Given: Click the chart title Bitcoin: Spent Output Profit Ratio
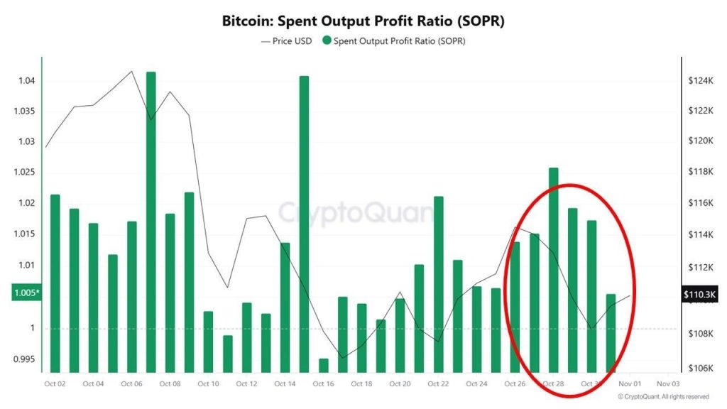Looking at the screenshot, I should click(363, 21).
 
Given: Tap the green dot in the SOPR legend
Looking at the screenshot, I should click(327, 41).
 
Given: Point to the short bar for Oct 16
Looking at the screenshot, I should click(323, 366).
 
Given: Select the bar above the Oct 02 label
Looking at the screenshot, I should click(55, 283).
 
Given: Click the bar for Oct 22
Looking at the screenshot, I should click(438, 284).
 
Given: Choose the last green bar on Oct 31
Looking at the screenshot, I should click(611, 333).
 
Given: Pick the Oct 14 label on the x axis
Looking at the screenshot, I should click(285, 384).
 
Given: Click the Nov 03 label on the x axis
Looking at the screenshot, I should click(668, 384).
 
